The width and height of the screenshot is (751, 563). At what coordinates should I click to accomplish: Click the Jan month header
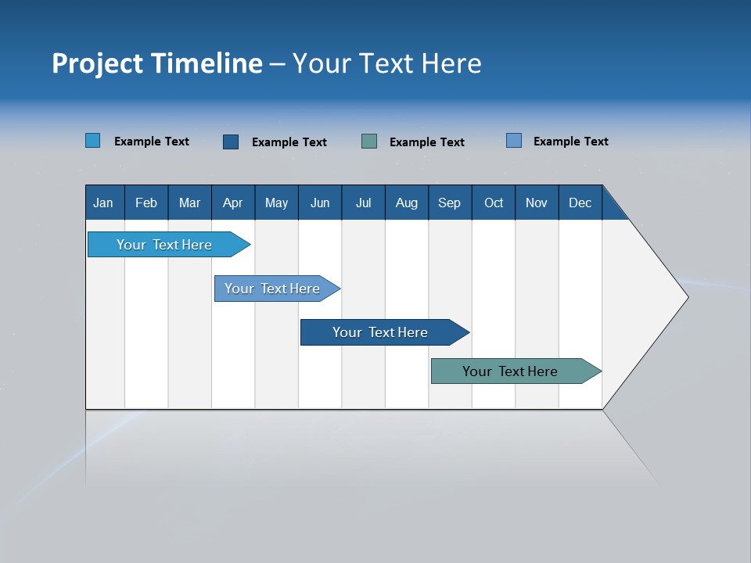103,203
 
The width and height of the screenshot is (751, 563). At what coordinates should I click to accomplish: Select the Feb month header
146,203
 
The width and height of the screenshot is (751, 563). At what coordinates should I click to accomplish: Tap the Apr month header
232,203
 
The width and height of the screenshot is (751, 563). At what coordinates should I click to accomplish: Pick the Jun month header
320,203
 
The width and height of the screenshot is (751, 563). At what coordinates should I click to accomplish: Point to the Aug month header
406,203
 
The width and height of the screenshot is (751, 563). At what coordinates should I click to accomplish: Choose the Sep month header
449,203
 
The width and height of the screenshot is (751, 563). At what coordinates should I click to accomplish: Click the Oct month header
494,203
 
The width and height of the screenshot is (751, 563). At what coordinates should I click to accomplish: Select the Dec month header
580,203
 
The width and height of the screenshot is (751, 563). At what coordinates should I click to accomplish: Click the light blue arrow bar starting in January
164,245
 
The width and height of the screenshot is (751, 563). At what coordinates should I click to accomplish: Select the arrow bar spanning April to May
272,289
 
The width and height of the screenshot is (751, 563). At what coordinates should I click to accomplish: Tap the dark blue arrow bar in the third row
380,332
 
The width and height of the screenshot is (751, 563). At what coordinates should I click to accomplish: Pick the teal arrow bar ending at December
510,371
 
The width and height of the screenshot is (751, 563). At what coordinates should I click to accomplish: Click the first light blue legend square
92,141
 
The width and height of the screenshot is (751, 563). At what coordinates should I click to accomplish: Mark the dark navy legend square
231,142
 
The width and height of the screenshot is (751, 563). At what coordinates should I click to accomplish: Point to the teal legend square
369,141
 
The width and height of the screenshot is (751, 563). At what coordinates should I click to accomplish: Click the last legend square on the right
514,141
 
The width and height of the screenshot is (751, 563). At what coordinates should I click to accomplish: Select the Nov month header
536,203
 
